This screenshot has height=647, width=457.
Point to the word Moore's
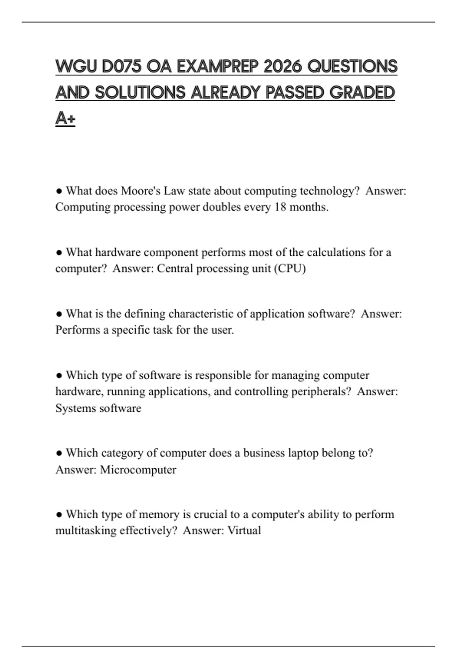(141, 191)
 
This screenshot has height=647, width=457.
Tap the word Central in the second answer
(175, 269)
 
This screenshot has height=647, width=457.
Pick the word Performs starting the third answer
(78, 330)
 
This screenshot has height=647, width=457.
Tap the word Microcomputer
(138, 470)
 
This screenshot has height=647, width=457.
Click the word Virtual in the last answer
(244, 531)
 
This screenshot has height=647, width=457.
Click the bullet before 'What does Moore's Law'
(59, 191)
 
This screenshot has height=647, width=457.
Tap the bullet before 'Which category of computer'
(59, 453)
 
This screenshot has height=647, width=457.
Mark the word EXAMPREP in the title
(217, 67)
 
